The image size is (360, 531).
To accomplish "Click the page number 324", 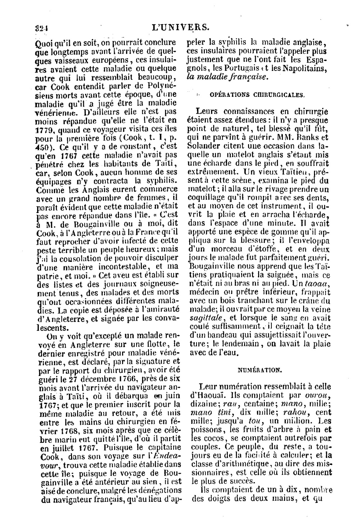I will pyautogui.click(x=42, y=28).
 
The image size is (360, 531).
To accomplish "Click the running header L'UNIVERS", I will pyautogui.click(x=181, y=28).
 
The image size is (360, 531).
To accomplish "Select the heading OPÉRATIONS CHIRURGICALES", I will pyautogui.click(x=257, y=95).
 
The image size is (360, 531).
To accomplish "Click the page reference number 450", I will pyautogui.click(x=45, y=147).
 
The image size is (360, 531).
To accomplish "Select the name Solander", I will pyautogui.click(x=204, y=146).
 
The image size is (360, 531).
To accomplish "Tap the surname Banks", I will pyautogui.click(x=308, y=137).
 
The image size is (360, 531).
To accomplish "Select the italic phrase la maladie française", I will pyautogui.click(x=228, y=77).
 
